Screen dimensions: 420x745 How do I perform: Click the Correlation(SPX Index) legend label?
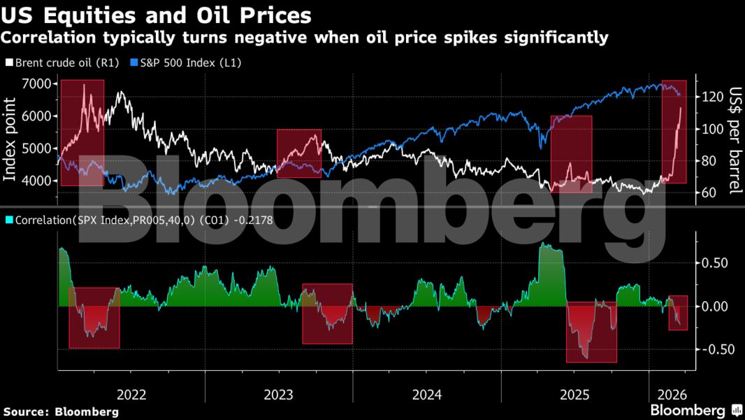pyautogui.click(x=140, y=220)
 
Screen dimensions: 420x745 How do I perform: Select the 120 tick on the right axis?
pyautogui.click(x=711, y=97)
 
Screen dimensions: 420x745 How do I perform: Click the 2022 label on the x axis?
pyautogui.click(x=131, y=394)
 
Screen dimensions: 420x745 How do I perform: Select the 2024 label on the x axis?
pyautogui.click(x=427, y=394)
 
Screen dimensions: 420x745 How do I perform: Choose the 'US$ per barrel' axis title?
pyautogui.click(x=735, y=140)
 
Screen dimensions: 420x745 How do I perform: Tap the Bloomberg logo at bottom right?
pyautogui.click(x=695, y=410)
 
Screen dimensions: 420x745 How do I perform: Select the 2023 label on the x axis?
pyautogui.click(x=279, y=394)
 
